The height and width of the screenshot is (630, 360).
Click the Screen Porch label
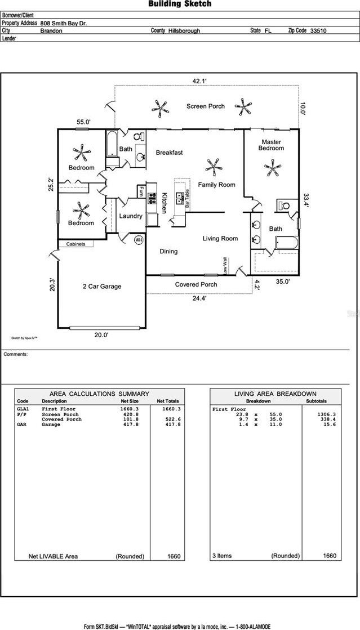206,106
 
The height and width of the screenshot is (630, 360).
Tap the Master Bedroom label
272,145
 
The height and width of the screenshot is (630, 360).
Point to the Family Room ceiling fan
214,166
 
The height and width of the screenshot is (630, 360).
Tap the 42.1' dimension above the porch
200,81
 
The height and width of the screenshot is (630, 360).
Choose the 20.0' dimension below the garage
101,335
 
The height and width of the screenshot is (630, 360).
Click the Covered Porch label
196,284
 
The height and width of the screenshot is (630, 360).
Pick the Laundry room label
131,216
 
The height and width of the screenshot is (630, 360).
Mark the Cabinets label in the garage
75,244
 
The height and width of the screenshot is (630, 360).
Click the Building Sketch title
180,4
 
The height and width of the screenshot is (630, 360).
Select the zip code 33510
318,32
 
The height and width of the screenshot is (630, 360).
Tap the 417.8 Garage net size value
129,425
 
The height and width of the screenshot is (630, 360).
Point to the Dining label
168,252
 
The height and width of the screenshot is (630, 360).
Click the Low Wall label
225,266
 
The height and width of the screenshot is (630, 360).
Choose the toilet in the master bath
284,205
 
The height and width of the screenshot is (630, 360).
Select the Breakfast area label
169,153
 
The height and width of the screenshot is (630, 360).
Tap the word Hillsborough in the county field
184,32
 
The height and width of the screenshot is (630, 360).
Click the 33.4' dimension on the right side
306,201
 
